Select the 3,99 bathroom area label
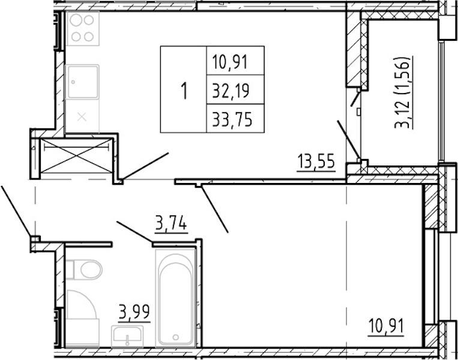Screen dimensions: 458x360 134,313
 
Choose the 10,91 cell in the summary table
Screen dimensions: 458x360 231,61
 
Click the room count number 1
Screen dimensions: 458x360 184,91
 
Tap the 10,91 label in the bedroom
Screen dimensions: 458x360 386,326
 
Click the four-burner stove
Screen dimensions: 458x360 83,28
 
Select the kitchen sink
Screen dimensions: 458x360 83,82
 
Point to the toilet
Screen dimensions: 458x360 85,269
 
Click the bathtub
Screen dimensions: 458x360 175,298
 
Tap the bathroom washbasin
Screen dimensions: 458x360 127,337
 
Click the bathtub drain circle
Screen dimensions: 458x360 175,337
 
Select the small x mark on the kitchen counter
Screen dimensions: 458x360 82,117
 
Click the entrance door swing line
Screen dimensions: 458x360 16,210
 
